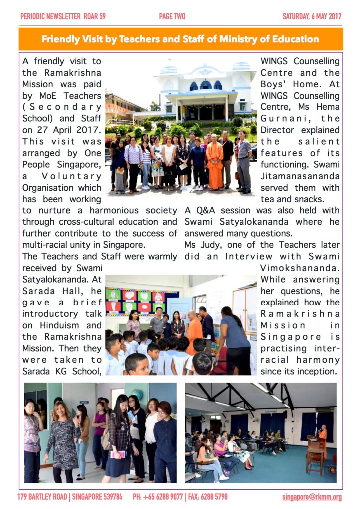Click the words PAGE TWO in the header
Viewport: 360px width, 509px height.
[172, 16]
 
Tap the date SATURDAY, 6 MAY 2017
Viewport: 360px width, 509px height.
[312, 16]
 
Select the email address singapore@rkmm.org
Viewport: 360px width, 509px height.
[312, 497]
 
